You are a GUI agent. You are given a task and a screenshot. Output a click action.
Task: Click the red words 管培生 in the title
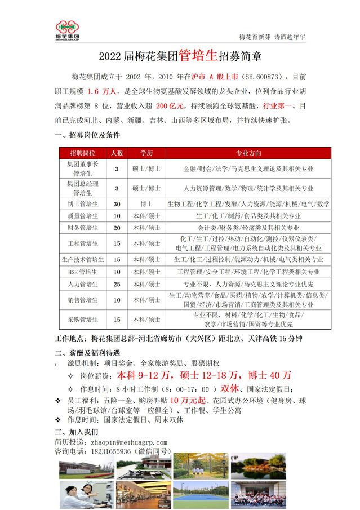coord(199,56)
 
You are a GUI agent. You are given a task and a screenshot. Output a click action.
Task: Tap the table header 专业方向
coord(248,153)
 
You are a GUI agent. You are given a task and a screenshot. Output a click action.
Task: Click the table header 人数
coord(117,153)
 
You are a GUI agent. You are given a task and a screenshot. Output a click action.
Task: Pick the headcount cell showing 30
coord(117,203)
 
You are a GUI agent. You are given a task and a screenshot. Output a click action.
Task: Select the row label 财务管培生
coord(82,228)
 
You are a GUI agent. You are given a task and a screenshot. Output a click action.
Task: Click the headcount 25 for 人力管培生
coord(117,284)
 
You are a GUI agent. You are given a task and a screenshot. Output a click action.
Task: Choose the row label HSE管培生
coord(82,272)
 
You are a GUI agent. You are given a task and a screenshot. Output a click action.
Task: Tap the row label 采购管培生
coord(82,319)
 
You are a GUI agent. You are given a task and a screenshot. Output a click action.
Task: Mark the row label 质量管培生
coord(82,216)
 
